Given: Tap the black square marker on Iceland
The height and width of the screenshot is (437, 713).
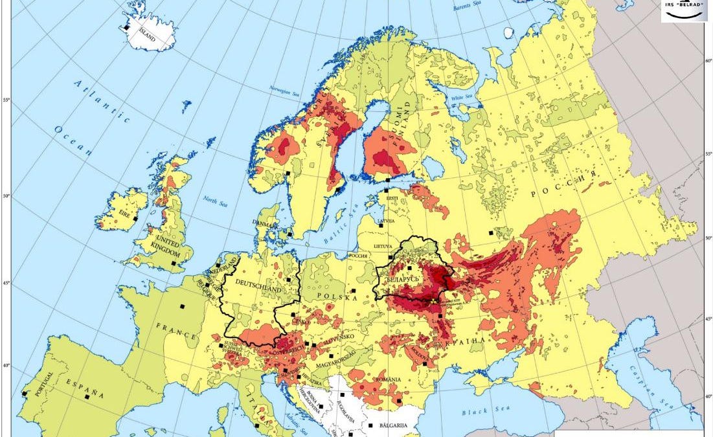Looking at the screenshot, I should point(126,27).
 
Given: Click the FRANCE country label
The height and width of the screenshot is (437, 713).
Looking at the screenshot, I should point(175,330).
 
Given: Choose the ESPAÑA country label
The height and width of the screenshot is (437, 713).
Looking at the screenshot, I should point(85,388).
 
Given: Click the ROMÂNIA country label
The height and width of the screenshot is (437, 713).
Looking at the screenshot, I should point(383,379).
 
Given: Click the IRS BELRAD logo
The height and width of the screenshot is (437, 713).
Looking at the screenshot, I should point(684,11).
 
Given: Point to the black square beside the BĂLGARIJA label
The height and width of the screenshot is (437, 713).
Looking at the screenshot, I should point(371,426).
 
